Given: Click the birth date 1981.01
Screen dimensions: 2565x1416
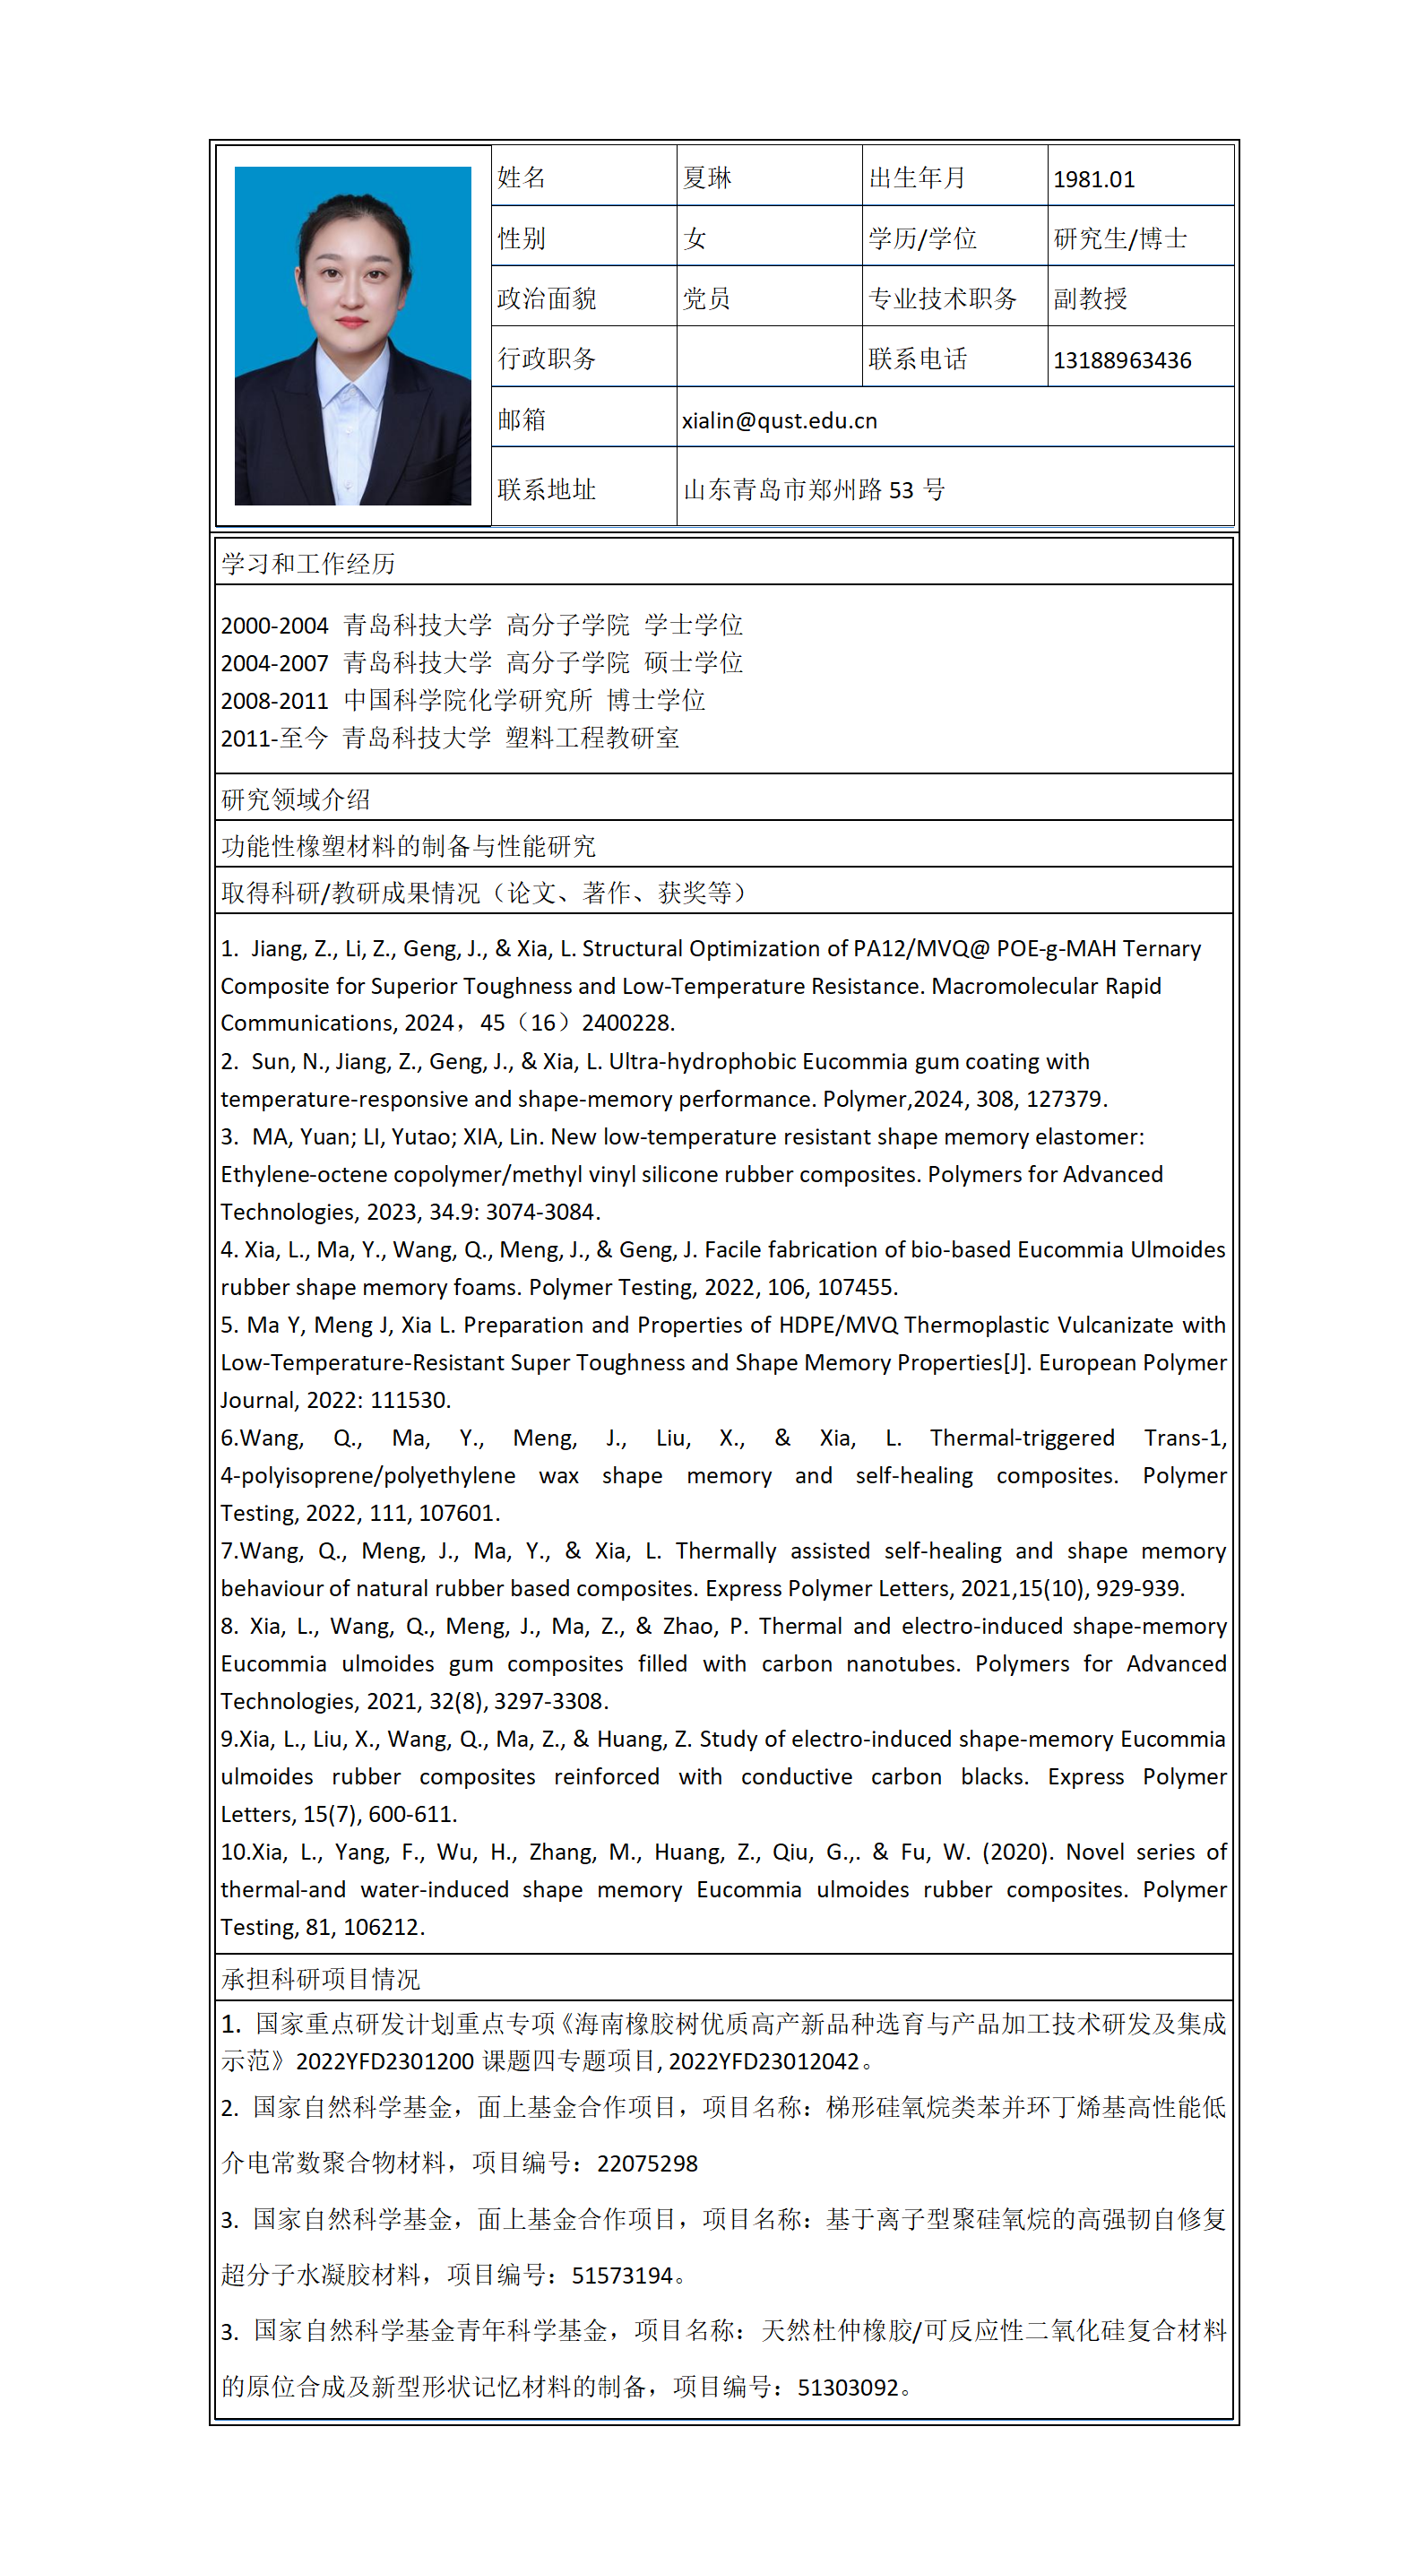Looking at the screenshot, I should coord(1093,179).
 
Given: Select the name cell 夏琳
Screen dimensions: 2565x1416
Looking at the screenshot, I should coord(707,178).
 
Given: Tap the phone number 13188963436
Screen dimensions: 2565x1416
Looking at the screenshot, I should coord(1121,360).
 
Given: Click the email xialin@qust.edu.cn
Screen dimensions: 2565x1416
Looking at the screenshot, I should coord(779,421).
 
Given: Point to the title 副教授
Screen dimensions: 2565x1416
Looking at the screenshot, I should coord(1090,298).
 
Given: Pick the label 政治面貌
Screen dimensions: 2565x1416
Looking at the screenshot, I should coord(547,298).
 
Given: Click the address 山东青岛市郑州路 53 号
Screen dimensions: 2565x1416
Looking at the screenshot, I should coord(814,490).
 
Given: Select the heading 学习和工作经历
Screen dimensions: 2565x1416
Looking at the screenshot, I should coord(307,565).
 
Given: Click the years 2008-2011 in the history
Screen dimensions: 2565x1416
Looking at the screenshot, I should coord(274,701).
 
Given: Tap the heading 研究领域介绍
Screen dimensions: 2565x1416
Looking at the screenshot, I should coord(296,799).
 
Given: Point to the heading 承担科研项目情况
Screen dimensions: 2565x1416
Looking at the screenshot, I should coord(321,1979).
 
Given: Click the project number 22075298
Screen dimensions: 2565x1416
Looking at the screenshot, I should coord(647,2163).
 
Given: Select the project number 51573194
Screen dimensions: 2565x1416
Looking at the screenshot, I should coord(622,2276).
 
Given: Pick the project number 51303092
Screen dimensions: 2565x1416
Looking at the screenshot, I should coord(849,2387).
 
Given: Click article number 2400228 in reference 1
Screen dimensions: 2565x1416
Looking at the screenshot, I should coord(626,1023).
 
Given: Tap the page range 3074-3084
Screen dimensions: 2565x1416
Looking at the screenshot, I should coord(547,1212).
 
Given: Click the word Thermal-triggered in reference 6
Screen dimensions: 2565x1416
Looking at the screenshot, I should coord(1022,1438).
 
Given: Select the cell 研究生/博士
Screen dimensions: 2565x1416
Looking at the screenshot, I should coord(1120,239).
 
